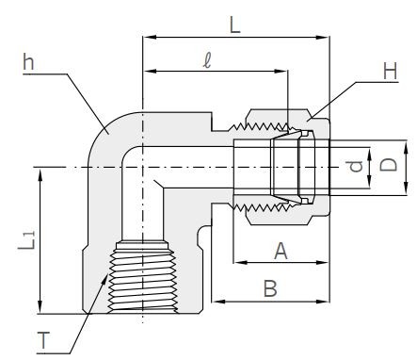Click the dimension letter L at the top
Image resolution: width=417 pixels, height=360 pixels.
[234, 25]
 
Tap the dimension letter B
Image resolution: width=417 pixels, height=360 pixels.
[269, 288]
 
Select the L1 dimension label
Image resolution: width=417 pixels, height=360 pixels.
[29, 243]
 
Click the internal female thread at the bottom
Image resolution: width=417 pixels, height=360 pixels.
[141, 273]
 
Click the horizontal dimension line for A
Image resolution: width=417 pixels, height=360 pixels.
[280, 263]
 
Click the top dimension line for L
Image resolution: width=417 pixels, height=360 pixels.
[234, 38]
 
